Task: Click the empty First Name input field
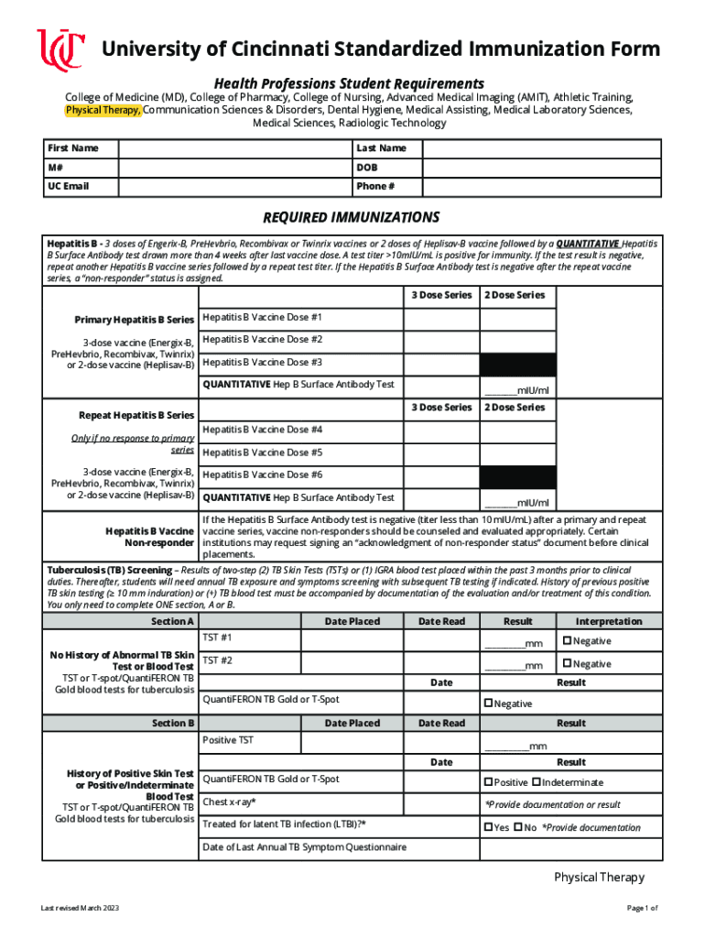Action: tap(234, 148)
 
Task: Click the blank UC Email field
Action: tap(234, 187)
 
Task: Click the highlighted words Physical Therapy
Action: tap(103, 110)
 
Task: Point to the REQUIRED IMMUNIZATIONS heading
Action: tap(352, 218)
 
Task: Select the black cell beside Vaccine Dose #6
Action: tap(518, 475)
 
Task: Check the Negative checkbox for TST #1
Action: tap(567, 641)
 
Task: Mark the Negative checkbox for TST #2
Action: tap(567, 663)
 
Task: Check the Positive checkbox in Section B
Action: tap(487, 782)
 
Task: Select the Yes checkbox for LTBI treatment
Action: tap(487, 827)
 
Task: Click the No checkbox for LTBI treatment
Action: tap(518, 827)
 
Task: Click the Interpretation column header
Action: tap(609, 621)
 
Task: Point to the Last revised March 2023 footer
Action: tap(80, 908)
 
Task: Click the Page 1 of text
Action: tap(642, 908)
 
